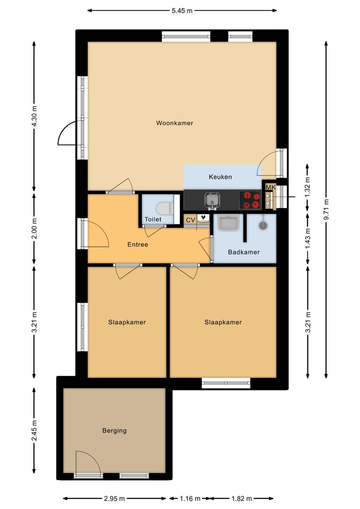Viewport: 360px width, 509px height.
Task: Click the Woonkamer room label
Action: pyautogui.click(x=175, y=123)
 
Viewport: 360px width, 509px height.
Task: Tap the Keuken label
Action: pyautogui.click(x=220, y=177)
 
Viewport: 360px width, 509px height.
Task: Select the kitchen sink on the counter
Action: pyautogui.click(x=212, y=200)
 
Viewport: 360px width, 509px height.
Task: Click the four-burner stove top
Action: pyautogui.click(x=250, y=200)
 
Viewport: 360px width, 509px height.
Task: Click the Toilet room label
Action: pyautogui.click(x=153, y=219)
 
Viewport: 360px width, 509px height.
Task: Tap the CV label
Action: pyautogui.click(x=190, y=220)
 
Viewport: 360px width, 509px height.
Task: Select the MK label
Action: pyautogui.click(x=271, y=187)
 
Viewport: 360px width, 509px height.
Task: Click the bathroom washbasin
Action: pyautogui.click(x=228, y=222)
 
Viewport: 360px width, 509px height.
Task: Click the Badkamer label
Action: pyautogui.click(x=244, y=252)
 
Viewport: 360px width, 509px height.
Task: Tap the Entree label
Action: pyautogui.click(x=138, y=245)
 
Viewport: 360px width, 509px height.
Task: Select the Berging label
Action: pyautogui.click(x=114, y=431)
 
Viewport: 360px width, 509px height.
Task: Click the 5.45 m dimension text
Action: pyautogui.click(x=182, y=11)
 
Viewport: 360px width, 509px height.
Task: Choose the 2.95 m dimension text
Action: pyautogui.click(x=114, y=499)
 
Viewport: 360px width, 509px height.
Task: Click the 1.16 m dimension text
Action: pyautogui.click(x=190, y=499)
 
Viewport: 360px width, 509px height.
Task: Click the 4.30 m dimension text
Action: pyautogui.click(x=34, y=116)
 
